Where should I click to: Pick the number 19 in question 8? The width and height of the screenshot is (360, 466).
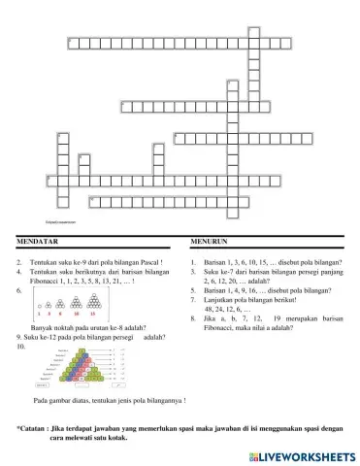[278, 318]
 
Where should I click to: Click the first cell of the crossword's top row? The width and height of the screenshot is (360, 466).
[73, 43]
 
